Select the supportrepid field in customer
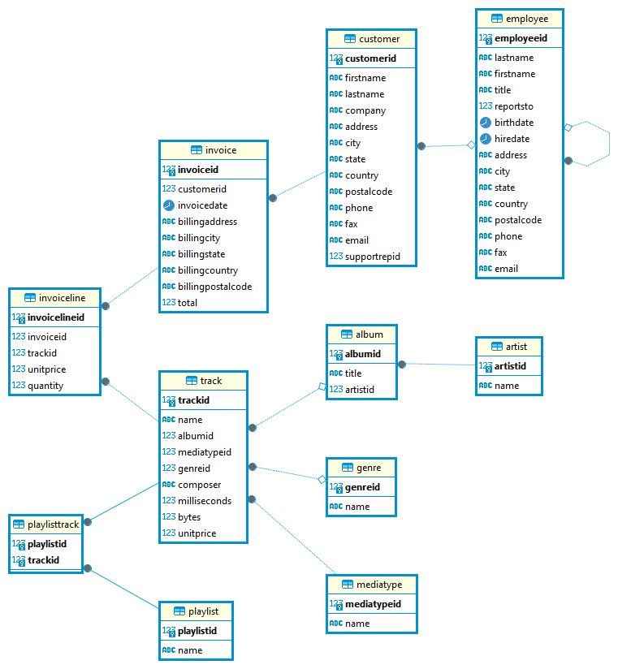(372, 257)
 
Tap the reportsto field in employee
(513, 106)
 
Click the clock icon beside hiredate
(486, 139)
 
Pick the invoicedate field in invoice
(202, 205)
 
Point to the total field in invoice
(187, 303)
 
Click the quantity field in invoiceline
(45, 386)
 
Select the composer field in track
(199, 485)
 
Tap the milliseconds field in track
(204, 501)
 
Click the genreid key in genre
(361, 487)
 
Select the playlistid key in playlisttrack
(47, 544)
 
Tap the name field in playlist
(190, 650)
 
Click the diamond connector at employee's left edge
(471, 145)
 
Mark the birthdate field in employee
(514, 123)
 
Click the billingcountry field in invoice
(207, 270)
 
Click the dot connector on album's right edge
(402, 365)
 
